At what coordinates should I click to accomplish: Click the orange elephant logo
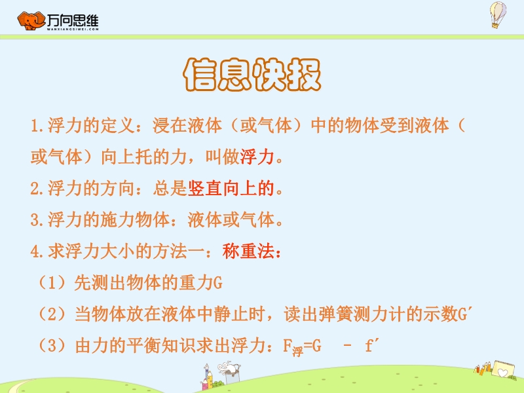pos(31,21)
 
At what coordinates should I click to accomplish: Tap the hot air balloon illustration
pos(498,14)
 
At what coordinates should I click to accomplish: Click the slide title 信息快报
pos(252,74)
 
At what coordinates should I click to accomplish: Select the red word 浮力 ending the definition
pos(257,157)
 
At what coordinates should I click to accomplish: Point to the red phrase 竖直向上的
pos(231,188)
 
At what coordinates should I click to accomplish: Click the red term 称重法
pos(248,252)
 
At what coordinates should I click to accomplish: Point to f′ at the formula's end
pos(372,346)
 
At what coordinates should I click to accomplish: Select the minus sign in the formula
pos(348,346)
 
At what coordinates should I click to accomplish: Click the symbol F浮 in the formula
pos(293,348)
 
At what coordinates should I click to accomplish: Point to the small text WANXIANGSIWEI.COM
pos(73,29)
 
